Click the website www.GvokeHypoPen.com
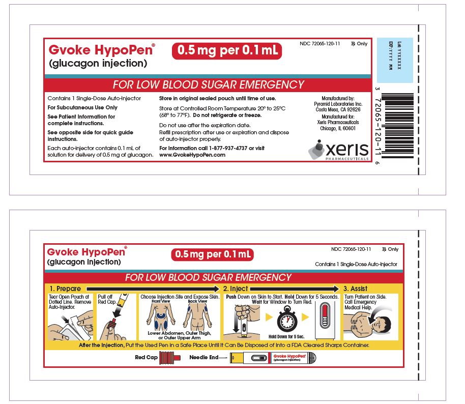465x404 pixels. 192,155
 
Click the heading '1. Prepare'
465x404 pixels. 65,288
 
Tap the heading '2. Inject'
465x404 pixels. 236,288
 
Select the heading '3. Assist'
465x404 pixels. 356,288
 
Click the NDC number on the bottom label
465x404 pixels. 351,249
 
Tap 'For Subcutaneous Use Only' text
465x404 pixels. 82,107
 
